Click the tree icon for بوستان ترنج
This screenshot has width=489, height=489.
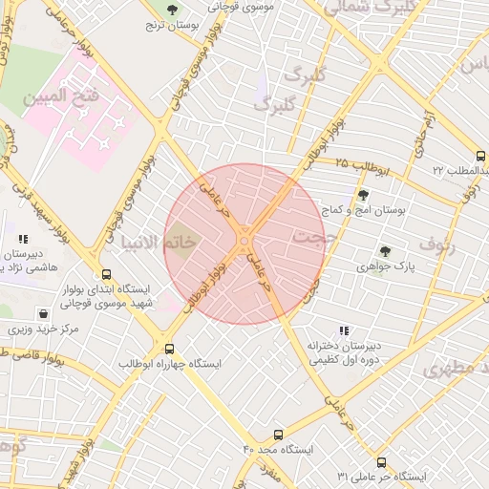(x=172, y=11)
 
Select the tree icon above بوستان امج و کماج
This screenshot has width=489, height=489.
(x=362, y=193)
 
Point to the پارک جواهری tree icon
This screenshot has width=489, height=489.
(x=385, y=251)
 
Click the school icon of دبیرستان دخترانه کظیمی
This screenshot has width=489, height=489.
(x=343, y=330)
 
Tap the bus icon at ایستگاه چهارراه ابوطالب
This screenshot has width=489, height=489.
(x=170, y=349)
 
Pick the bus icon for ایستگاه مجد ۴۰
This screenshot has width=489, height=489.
(x=279, y=435)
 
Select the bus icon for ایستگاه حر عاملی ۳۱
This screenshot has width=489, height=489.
(x=381, y=461)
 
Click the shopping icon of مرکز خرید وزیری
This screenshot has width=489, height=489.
(x=43, y=313)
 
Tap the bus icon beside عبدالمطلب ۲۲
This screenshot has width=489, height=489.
(x=479, y=157)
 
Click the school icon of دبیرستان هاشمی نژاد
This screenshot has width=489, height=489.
(x=23, y=240)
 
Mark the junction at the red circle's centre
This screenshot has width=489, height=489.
(x=244, y=244)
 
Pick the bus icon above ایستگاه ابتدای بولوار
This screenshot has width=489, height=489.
(x=105, y=272)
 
